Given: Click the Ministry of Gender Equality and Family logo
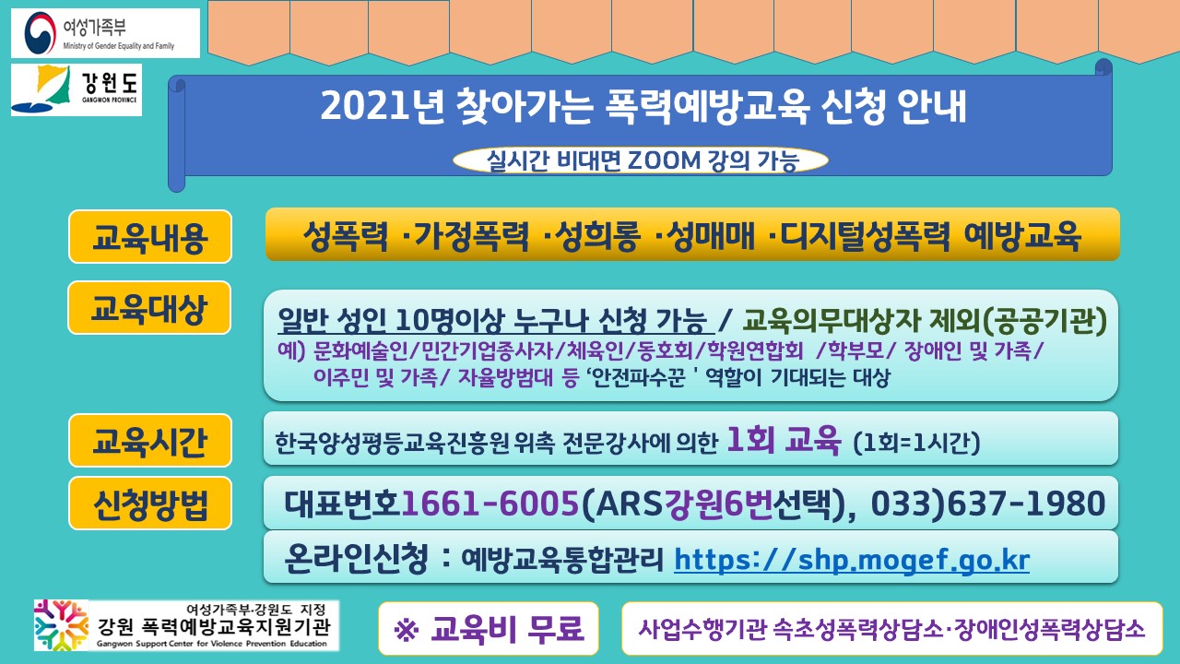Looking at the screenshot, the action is pos(105,32).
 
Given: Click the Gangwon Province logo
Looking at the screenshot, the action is pos(77,89).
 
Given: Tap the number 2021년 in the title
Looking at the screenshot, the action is pos(383,106).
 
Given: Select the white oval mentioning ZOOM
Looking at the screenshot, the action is pos(641,160).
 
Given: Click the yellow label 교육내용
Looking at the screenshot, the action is pos(150,237).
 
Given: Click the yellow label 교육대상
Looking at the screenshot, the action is pos(149,308).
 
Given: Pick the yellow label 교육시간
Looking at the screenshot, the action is pos(150,441).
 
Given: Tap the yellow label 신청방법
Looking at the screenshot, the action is pos(150,504).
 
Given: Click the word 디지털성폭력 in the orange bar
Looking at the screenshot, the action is pos(865,235).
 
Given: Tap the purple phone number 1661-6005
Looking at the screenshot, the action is pos(490,503).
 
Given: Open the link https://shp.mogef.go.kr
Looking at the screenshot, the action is pos(852,560).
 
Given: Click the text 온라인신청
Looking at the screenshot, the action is pos(356,558).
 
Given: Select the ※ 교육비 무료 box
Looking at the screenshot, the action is pos(489,628).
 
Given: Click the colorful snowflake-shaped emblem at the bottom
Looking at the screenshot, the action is pos(61,625).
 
